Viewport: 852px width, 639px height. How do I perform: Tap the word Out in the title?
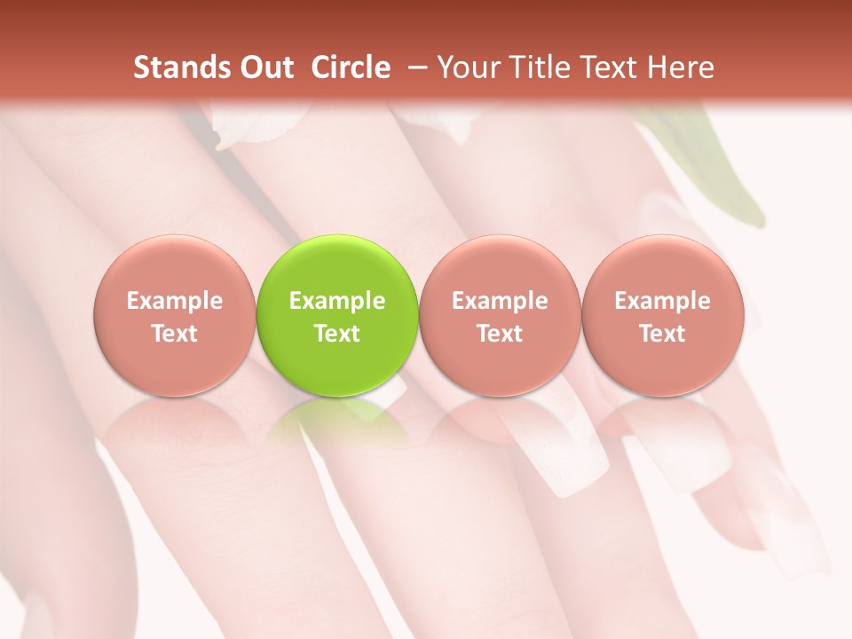point(264,67)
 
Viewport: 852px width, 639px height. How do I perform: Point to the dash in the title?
point(414,67)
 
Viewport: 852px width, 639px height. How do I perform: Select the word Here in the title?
point(681,67)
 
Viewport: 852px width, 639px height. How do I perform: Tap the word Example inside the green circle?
point(337,301)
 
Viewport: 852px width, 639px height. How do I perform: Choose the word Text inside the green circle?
point(337,334)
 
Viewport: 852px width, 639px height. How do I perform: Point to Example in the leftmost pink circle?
point(174,301)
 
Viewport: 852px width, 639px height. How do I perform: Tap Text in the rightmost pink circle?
point(662,334)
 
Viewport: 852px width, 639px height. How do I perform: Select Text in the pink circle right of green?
point(500,334)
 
